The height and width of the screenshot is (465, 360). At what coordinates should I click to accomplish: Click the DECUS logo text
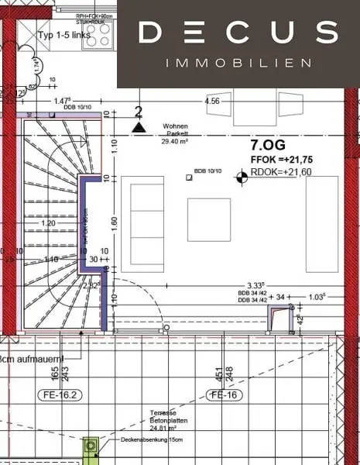pyautogui.click(x=238, y=33)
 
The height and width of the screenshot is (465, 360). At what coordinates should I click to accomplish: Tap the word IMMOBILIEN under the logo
pyautogui.click(x=238, y=62)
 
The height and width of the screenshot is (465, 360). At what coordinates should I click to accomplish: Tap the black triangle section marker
pyautogui.click(x=139, y=127)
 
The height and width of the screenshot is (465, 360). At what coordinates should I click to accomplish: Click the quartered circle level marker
pyautogui.click(x=242, y=177)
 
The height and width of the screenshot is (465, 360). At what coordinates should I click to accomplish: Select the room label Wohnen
pyautogui.click(x=175, y=126)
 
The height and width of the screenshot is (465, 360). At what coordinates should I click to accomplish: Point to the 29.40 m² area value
pyautogui.click(x=176, y=142)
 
